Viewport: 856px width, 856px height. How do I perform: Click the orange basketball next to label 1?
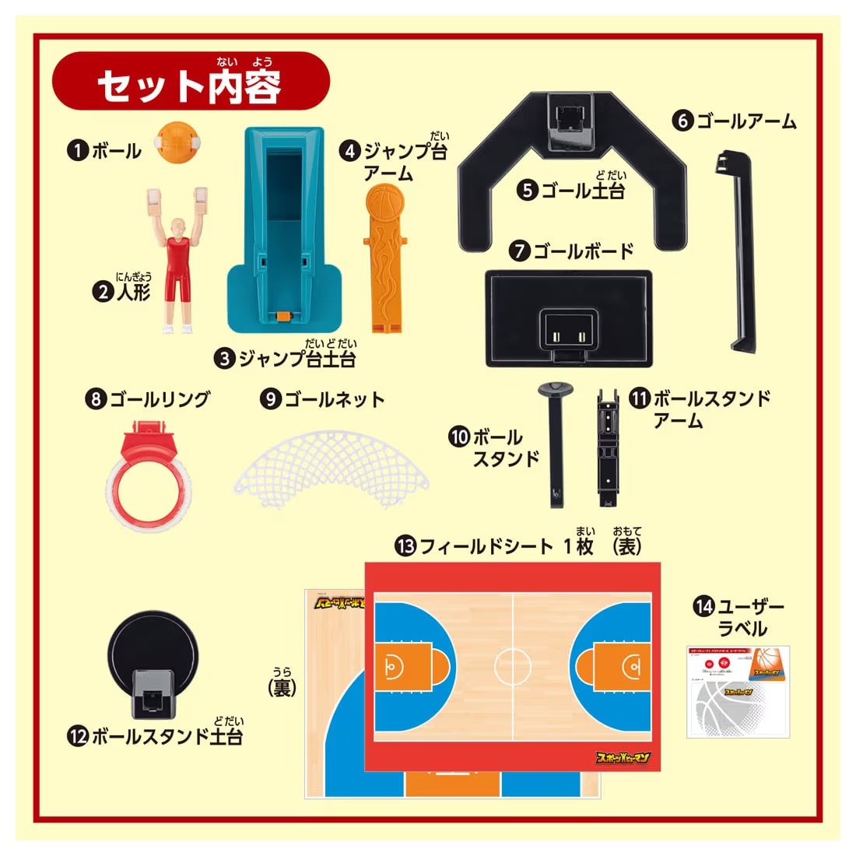[x=179, y=142]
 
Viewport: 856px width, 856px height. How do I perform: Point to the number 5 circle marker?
[x=528, y=189]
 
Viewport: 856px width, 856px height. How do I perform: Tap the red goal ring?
[x=148, y=471]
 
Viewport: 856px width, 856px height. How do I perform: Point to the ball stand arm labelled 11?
[x=608, y=444]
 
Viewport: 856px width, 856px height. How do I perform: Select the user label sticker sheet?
[x=738, y=691]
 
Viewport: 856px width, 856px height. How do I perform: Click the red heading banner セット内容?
[x=191, y=83]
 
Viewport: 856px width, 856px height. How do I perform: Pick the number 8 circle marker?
[x=96, y=399]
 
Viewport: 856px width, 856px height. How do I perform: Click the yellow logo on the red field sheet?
[x=623, y=758]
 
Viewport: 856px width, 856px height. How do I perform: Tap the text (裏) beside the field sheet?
[x=281, y=687]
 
